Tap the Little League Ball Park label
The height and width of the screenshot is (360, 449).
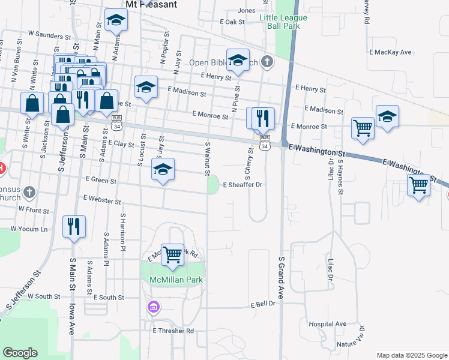coord(283,22)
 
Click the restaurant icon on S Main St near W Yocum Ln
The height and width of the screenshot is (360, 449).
coord(74,226)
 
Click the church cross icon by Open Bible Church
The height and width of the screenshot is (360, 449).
coord(268,61)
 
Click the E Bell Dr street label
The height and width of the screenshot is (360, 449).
coord(263,304)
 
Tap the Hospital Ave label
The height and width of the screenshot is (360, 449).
coord(328,324)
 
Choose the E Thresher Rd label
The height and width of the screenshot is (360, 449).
coord(173,331)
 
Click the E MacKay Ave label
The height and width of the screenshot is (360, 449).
coord(391,52)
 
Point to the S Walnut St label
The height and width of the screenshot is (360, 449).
coord(208,160)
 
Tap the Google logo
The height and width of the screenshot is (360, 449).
coord(20,353)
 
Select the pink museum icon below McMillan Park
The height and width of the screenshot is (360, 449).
coord(154,308)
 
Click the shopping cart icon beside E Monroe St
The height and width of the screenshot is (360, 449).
coord(363,127)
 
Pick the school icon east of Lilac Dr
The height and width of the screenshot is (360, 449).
coord(388,117)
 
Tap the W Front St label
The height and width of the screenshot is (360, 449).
coord(34,211)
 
